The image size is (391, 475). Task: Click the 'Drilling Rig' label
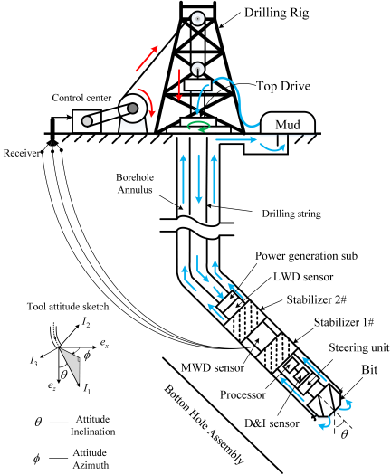(x=276, y=14)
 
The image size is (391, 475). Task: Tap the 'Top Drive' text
(x=283, y=86)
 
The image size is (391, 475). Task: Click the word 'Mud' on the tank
(x=287, y=125)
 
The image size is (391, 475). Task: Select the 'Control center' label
(x=81, y=98)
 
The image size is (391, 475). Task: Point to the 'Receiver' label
(x=21, y=153)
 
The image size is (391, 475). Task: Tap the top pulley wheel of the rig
(x=197, y=19)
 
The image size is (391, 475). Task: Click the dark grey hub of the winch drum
(x=132, y=109)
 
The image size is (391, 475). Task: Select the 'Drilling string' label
(x=291, y=214)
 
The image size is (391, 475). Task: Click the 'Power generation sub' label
(x=306, y=256)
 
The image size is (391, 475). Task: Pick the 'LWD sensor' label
(x=303, y=277)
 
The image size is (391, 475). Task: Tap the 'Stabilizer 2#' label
(x=317, y=299)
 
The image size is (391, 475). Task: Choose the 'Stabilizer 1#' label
(x=344, y=322)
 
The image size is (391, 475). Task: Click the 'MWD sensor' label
(x=213, y=367)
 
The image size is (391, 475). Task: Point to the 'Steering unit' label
(x=359, y=347)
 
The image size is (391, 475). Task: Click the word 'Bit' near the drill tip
(x=369, y=369)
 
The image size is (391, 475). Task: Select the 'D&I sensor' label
(x=272, y=423)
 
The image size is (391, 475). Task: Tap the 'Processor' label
(x=243, y=394)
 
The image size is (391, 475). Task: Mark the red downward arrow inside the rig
(x=179, y=85)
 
